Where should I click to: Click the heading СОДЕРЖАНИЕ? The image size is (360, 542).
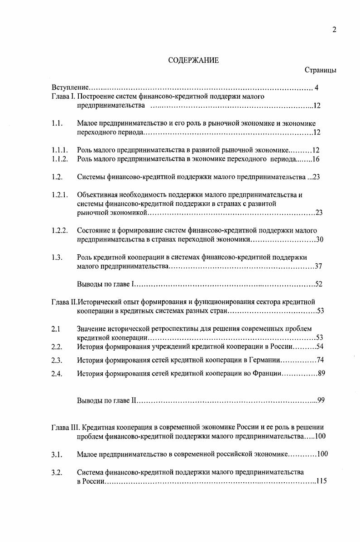[193, 60]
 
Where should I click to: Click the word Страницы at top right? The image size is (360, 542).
[320, 70]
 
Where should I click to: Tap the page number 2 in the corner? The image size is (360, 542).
[334, 30]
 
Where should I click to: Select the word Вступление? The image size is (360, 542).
[69, 87]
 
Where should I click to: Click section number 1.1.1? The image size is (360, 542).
[59, 150]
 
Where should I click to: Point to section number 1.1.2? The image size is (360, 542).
[59, 159]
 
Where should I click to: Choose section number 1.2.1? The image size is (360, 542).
[59, 195]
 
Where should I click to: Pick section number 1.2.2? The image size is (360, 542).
[59, 230]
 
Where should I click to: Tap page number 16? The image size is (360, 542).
[316, 159]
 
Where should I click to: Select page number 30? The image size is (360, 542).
[319, 239]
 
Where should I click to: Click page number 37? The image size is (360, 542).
[318, 266]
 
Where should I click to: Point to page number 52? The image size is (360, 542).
[318, 284]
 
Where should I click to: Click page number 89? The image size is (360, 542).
[321, 374]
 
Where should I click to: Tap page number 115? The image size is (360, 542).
[321, 481]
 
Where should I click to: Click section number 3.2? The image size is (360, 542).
[57, 472]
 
